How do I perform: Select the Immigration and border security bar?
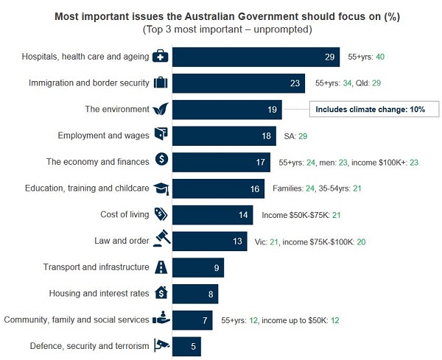[x=239, y=83]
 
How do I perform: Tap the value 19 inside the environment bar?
[x=272, y=110]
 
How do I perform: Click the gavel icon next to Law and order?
[x=161, y=240]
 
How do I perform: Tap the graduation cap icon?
[x=161, y=188]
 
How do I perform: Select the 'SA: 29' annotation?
[x=296, y=136]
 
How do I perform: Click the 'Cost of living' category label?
[x=124, y=214]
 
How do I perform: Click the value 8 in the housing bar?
[x=211, y=293]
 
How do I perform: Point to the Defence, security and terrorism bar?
[x=186, y=345]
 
